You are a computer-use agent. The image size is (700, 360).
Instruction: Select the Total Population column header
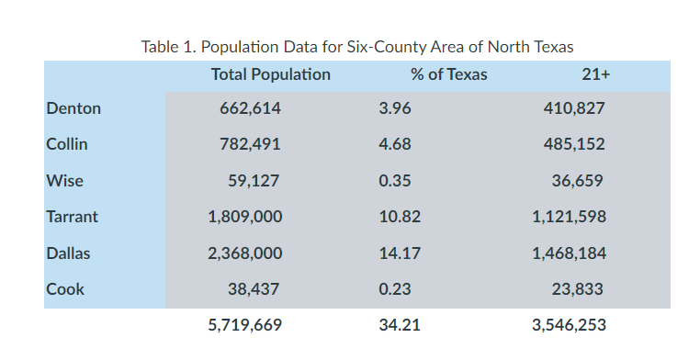coord(270,75)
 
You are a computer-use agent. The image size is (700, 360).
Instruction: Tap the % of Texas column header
coord(448,75)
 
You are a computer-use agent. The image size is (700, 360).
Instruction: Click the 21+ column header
coord(596,75)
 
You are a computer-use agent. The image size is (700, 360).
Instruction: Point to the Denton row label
coord(73,108)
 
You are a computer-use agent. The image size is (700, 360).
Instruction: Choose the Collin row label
coord(67,144)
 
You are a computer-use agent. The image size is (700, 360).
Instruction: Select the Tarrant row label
coord(72,217)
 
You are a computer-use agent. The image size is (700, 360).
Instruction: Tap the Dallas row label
coord(69,253)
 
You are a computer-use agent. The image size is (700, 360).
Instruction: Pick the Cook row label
coord(65,289)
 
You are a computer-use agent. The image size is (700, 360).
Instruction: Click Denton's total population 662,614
coord(250,108)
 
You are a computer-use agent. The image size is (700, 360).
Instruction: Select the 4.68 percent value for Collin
coord(395,144)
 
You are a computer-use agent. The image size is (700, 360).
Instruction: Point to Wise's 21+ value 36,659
coord(577,181)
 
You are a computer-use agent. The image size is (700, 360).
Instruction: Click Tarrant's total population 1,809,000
coord(245,217)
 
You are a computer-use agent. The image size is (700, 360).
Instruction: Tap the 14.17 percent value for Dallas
coord(399,253)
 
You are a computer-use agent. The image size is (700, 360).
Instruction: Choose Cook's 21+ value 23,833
coord(577,289)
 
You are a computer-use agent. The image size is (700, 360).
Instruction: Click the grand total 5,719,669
coord(245,325)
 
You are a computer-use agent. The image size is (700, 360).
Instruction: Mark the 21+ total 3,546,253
coord(569,325)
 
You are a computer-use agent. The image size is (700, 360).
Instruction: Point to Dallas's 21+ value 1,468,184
coord(569,253)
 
